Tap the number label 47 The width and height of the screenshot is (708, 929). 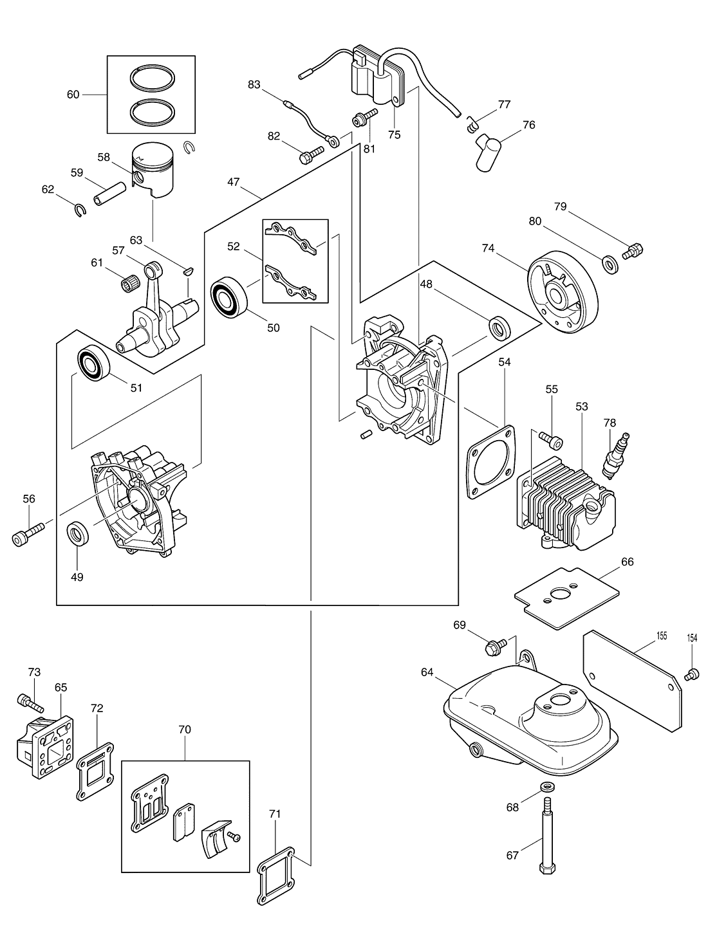[234, 182]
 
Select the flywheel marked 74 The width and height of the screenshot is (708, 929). [563, 293]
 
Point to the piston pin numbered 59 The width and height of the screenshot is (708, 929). [110, 194]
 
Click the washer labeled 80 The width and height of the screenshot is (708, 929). [610, 264]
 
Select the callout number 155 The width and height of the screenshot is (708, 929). [662, 636]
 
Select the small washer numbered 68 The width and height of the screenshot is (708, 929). [547, 787]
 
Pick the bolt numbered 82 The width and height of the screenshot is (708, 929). [312, 155]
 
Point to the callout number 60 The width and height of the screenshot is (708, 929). [73, 95]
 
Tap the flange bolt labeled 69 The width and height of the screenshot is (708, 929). [496, 647]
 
